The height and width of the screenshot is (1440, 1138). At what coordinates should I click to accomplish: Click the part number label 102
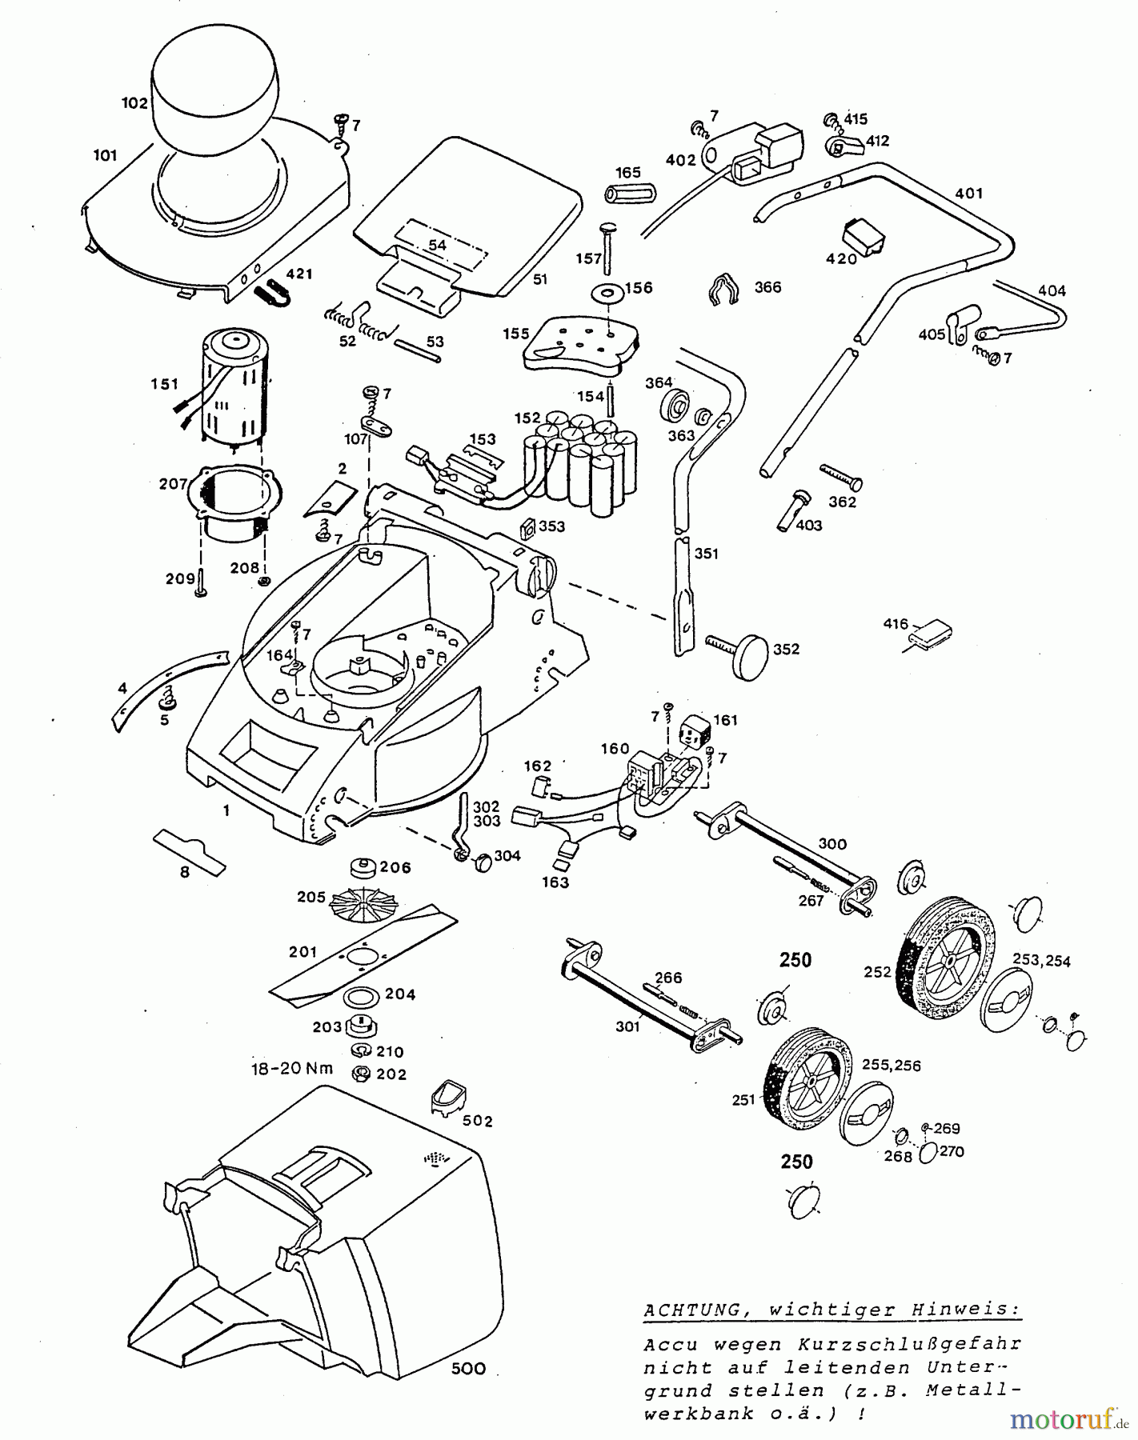click(x=134, y=103)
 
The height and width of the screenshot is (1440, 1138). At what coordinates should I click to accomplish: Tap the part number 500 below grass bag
click(x=468, y=1368)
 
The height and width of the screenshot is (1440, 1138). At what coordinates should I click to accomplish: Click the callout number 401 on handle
click(x=969, y=193)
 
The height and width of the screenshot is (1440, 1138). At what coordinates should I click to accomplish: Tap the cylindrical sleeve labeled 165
click(x=629, y=194)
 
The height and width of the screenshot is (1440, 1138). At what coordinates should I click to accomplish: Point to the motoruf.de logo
click(x=1068, y=1418)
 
